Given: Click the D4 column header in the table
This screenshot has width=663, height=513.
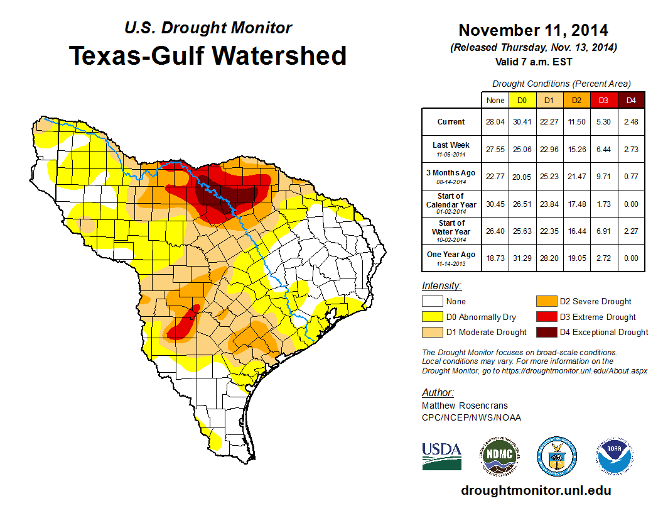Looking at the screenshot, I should [631, 100].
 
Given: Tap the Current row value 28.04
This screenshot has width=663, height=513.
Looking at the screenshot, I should [495, 122].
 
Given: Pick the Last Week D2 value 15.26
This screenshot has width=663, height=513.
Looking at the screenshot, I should [577, 150].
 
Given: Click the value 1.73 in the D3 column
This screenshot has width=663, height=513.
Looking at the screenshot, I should [604, 204].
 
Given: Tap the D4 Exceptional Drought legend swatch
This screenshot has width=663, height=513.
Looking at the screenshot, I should [546, 332].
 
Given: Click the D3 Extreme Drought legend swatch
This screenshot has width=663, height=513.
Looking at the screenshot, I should [546, 317].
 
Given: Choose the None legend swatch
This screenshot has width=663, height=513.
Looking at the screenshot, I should [433, 302].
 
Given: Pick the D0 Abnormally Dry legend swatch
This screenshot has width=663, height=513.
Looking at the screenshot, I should [433, 317].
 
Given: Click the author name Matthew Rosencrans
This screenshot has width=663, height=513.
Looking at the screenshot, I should [465, 405].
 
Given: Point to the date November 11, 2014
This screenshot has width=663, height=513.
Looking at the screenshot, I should [533, 30].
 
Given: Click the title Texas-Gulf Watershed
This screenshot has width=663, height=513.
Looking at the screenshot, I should [208, 55].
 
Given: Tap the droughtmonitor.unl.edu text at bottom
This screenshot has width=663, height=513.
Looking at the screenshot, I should [536, 490].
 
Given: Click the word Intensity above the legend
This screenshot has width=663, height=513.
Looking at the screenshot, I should [441, 286].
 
